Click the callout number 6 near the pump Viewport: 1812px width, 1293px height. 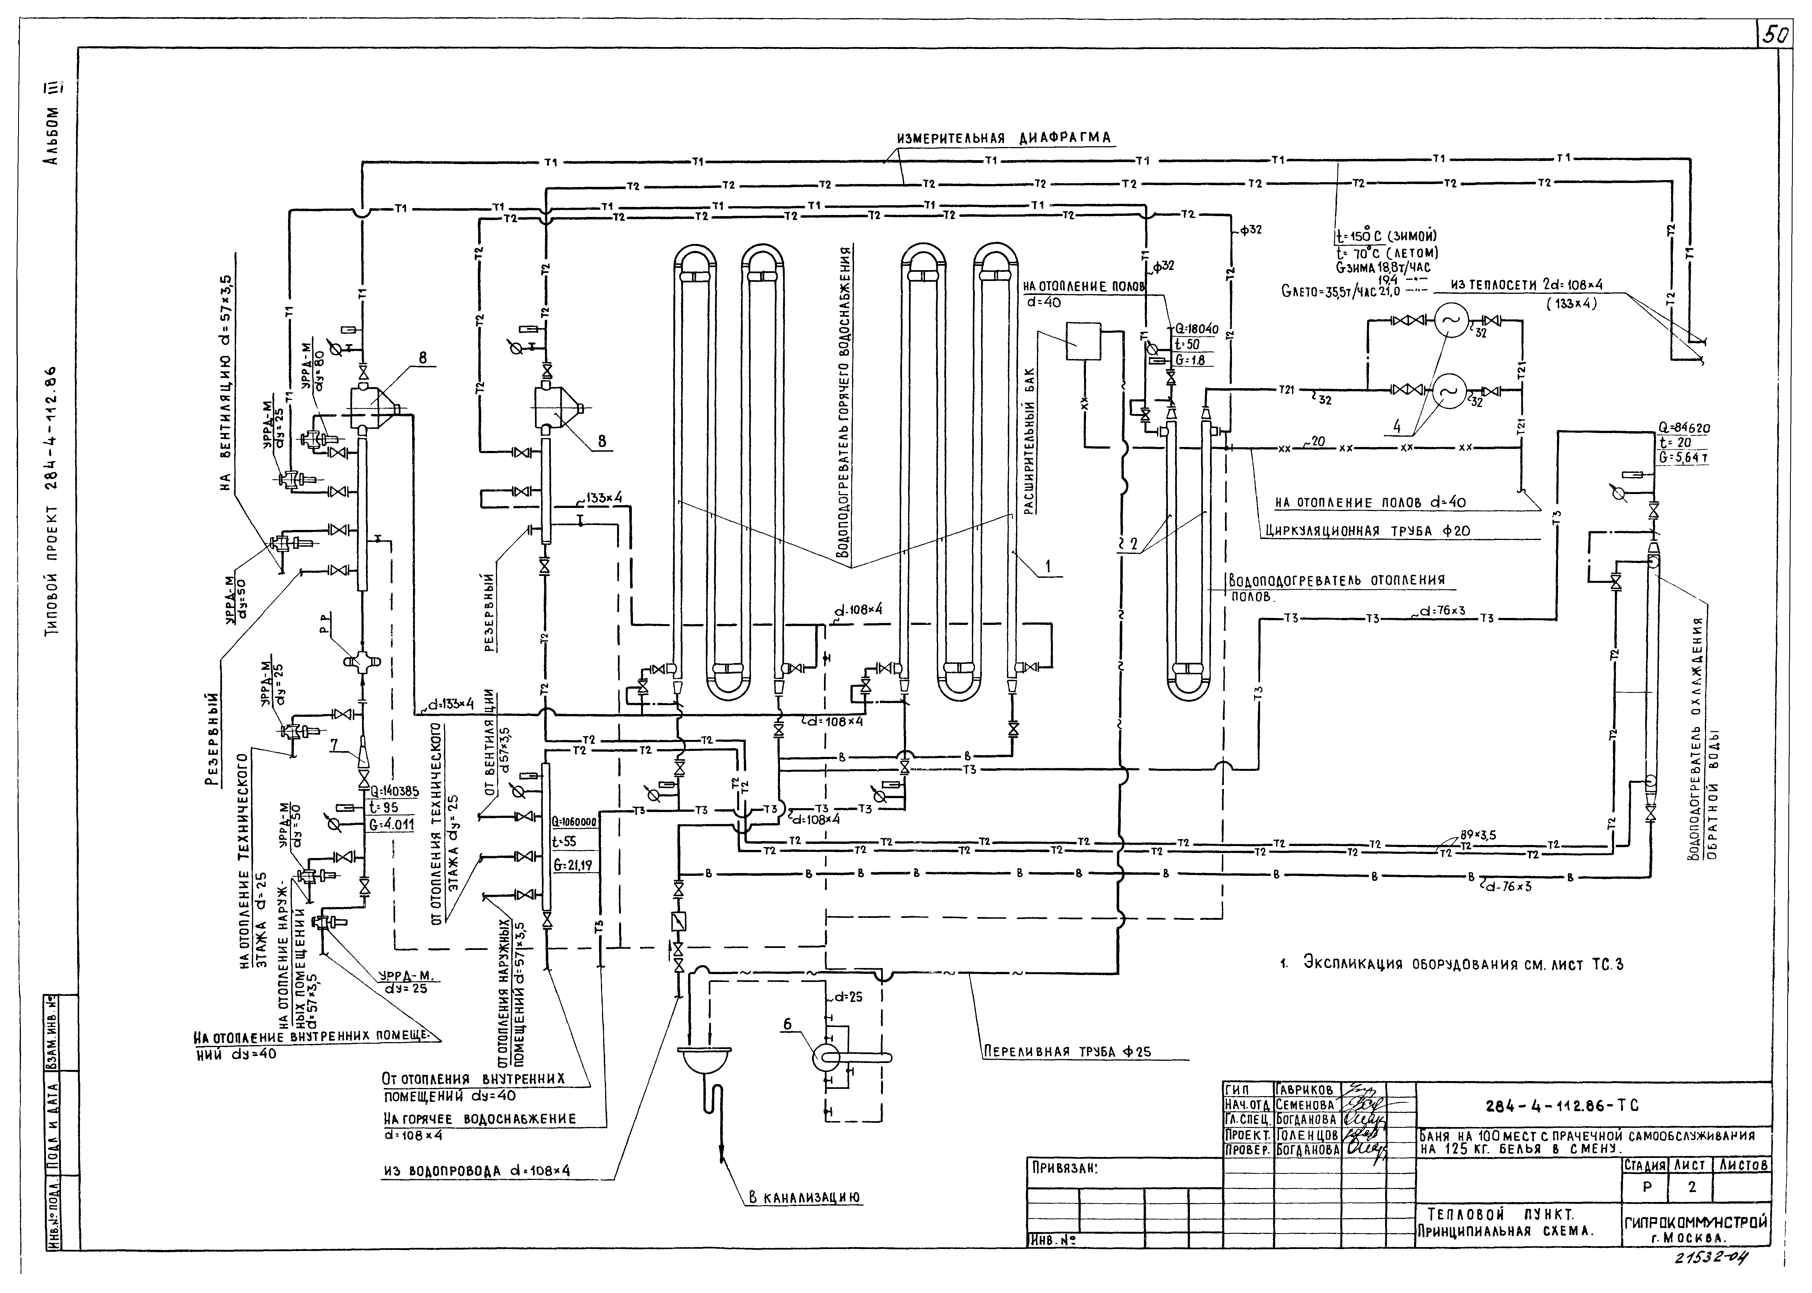pos(788,1025)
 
